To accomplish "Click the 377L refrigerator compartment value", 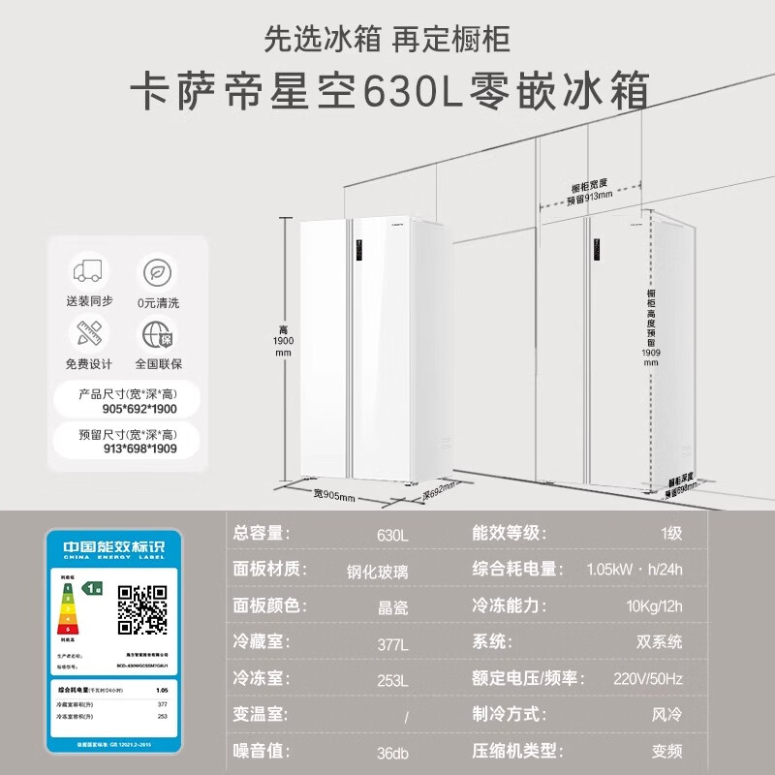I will (391, 644).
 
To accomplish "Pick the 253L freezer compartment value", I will (391, 680).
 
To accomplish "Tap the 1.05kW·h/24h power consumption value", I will (634, 571).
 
